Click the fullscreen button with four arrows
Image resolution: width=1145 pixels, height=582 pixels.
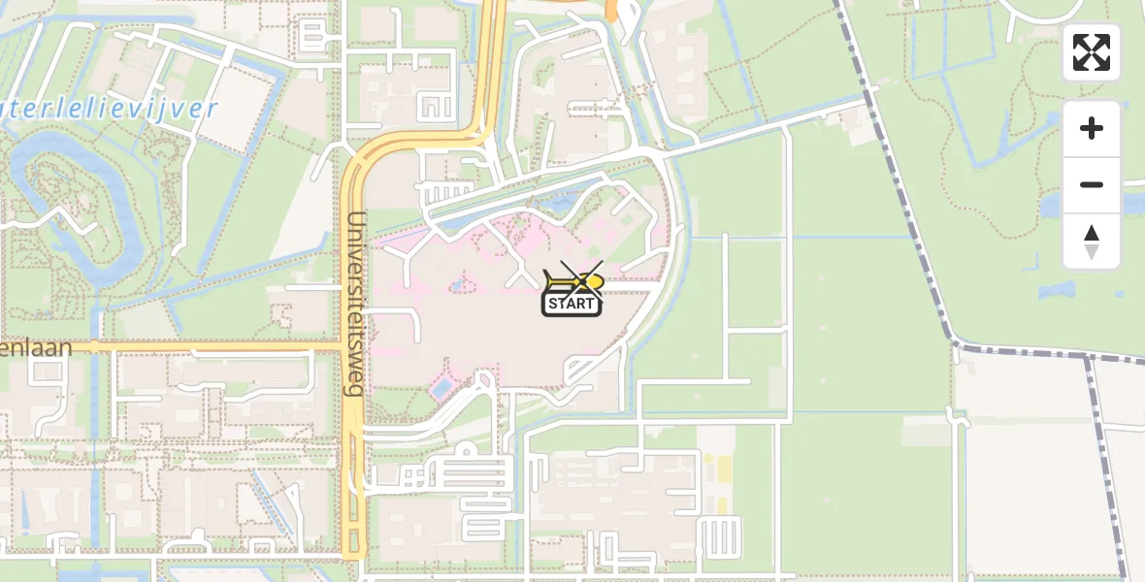(x=1092, y=52)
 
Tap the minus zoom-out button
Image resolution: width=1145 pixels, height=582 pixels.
(x=1092, y=184)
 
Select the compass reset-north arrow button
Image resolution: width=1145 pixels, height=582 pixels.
(x=1092, y=242)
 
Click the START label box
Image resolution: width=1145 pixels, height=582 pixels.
(x=572, y=304)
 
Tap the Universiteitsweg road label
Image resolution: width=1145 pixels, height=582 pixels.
(x=355, y=303)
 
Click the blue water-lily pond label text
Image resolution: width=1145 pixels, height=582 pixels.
(x=107, y=109)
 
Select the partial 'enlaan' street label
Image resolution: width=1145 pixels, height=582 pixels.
(x=37, y=347)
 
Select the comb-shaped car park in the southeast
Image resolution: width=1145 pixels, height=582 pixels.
(x=719, y=534)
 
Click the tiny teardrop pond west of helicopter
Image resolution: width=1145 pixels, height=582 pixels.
(x=456, y=285)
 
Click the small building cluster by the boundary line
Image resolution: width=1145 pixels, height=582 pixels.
(x=856, y=123)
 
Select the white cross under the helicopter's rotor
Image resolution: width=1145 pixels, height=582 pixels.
(x=581, y=276)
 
